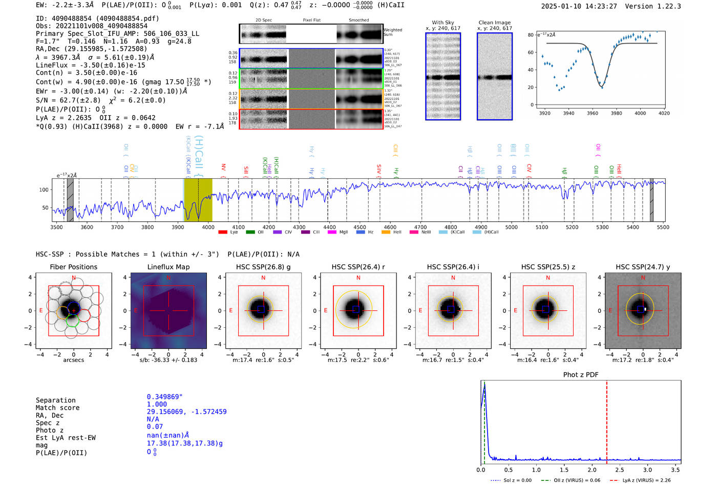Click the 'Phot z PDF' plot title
click(581, 374)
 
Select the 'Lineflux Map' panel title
click(168, 267)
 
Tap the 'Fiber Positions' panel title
click(73, 267)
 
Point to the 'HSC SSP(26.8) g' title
click(263, 267)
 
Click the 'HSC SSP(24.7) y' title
click(643, 267)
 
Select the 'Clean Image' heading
click(494, 23)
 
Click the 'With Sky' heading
click(442, 23)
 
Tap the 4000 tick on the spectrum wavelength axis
click(207, 227)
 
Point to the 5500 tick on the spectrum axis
click(663, 227)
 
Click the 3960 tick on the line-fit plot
click(593, 113)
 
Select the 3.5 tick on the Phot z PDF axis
click(676, 470)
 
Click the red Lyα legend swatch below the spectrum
click(223, 232)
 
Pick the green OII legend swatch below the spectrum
click(250, 232)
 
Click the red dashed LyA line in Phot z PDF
click(607, 420)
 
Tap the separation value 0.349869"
click(164, 397)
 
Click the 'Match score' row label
click(57, 408)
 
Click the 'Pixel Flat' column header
click(311, 20)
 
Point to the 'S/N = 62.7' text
click(68, 100)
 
